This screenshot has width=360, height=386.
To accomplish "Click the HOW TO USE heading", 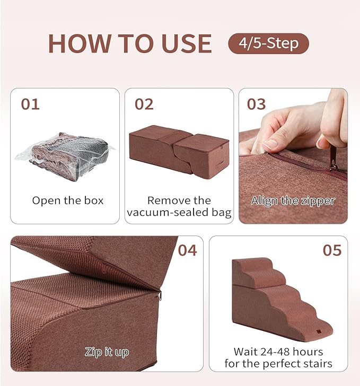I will click(130, 43).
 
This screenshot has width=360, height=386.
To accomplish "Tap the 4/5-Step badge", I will click(268, 43).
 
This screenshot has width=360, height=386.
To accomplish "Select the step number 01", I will click(30, 104).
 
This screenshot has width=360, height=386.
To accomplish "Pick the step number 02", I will click(144, 104).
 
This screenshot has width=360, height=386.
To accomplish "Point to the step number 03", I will click(257, 104).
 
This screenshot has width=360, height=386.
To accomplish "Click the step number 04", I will click(187, 250).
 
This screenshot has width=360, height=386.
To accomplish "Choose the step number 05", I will click(332, 250).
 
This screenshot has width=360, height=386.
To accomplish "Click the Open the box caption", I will click(68, 200).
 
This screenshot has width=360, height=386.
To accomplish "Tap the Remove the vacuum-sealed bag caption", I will click(179, 207).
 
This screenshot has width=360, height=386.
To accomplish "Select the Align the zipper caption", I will click(293, 200).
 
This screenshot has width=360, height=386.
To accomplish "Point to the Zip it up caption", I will click(107, 352).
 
